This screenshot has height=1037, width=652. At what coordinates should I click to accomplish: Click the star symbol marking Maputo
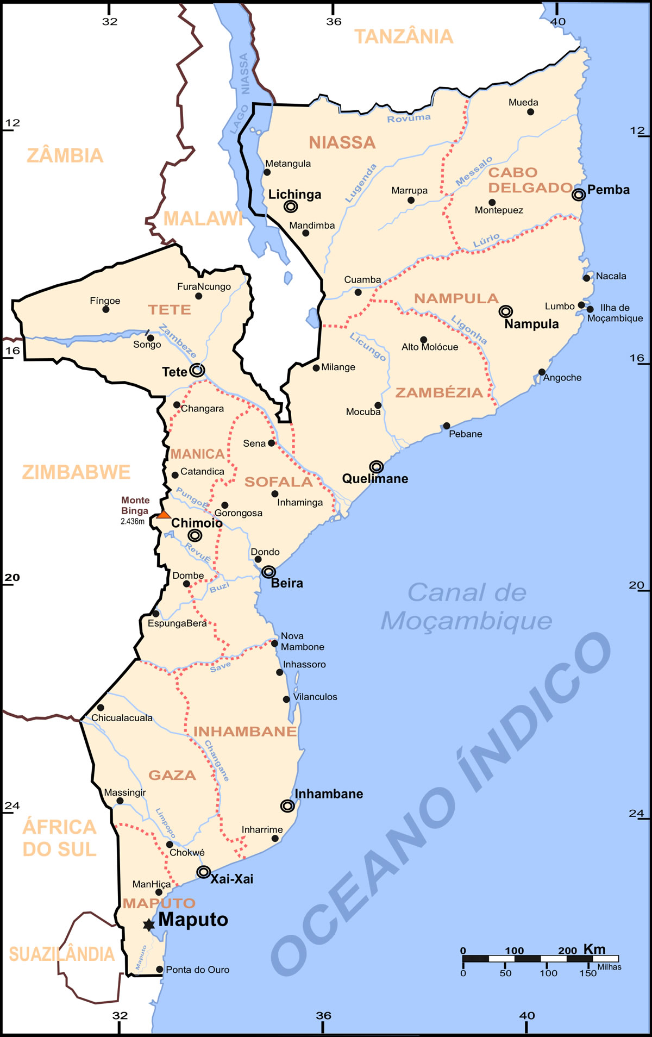tap(148, 925)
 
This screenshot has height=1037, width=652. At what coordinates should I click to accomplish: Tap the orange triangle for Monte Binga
tap(164, 514)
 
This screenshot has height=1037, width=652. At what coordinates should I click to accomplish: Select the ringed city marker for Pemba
tap(579, 194)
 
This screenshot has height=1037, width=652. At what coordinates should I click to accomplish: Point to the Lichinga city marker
tap(291, 207)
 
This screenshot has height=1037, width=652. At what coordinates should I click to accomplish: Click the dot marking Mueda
tap(530, 112)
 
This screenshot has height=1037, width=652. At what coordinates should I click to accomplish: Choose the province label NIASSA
tap(342, 142)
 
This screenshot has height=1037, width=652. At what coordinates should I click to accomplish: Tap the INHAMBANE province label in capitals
tap(245, 732)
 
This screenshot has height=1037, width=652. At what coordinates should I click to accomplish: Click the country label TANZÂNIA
tap(404, 36)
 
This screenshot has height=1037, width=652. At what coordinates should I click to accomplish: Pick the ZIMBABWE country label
tap(76, 472)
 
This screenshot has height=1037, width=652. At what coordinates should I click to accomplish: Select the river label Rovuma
tap(409, 118)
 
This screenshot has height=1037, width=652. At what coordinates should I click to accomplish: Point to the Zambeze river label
tap(178, 341)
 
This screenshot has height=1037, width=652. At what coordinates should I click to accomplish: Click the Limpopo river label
tap(166, 823)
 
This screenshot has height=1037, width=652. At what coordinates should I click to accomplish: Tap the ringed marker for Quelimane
tap(377, 467)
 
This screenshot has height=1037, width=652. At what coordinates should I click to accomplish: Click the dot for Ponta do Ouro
tap(160, 969)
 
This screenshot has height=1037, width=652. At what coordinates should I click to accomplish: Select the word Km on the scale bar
tap(594, 949)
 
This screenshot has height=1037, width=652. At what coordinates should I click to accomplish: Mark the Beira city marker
tap(268, 572)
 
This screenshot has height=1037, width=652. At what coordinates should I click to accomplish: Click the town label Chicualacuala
tap(122, 718)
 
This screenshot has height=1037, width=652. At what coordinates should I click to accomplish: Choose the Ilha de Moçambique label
tap(615, 313)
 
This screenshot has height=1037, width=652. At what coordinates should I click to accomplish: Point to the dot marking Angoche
tap(542, 372)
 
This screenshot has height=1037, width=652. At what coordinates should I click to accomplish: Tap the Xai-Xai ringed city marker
tap(203, 872)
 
